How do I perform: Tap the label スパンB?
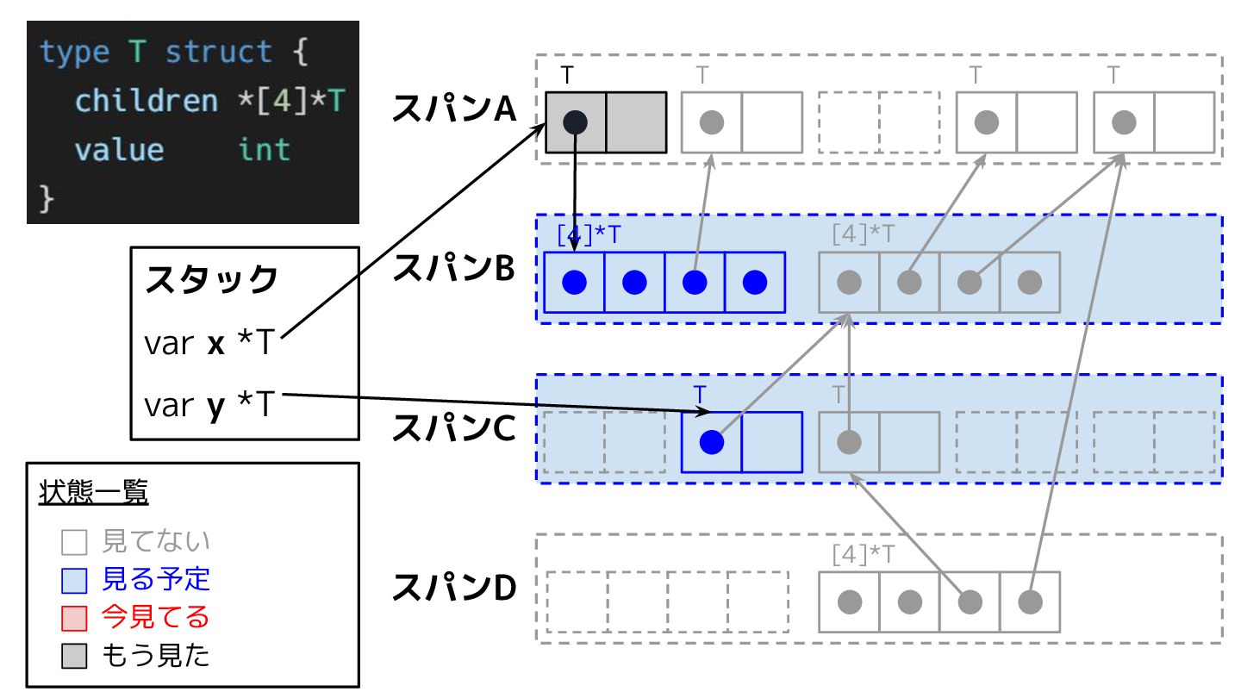pyautogui.click(x=453, y=269)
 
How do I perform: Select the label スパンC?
pyautogui.click(x=453, y=428)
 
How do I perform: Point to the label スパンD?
pyautogui.click(x=453, y=588)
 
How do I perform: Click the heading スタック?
pyautogui.click(x=212, y=280)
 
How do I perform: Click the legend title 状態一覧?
pyautogui.click(x=93, y=494)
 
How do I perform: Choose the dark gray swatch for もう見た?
pyautogui.click(x=74, y=657)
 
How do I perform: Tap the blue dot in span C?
pyautogui.click(x=711, y=442)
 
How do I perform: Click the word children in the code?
pyautogui.click(x=147, y=102)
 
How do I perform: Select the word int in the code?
pyautogui.click(x=265, y=150)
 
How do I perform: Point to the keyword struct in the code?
pyautogui.click(x=219, y=53)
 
